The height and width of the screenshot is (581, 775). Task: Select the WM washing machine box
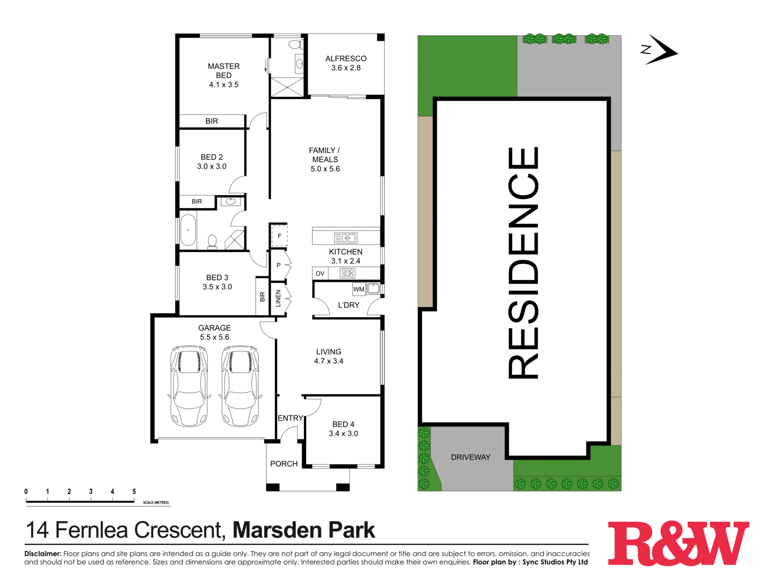point(359,289)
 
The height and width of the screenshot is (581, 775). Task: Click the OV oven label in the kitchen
point(320,273)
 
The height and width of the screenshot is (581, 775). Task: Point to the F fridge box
point(279,236)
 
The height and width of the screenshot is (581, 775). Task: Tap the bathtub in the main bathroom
point(188,230)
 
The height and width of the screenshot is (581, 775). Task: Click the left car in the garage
point(189,386)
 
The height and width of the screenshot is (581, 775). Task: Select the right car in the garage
point(240,386)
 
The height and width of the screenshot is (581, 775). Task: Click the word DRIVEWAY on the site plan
point(470,457)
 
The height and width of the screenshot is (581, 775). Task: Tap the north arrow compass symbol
point(660,50)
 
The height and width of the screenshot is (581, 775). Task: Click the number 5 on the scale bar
point(134,492)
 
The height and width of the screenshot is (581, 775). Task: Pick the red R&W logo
point(678,543)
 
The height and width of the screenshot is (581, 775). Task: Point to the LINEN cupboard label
point(278,298)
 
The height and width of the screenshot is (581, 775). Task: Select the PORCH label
point(284,464)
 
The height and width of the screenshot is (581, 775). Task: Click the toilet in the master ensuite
point(295,44)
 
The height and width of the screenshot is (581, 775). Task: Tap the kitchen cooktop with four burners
point(347,273)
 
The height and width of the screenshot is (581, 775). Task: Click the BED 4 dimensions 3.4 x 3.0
point(343,434)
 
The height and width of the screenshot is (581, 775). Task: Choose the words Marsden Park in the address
point(304,530)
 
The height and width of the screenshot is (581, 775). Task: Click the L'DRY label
point(348,305)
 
